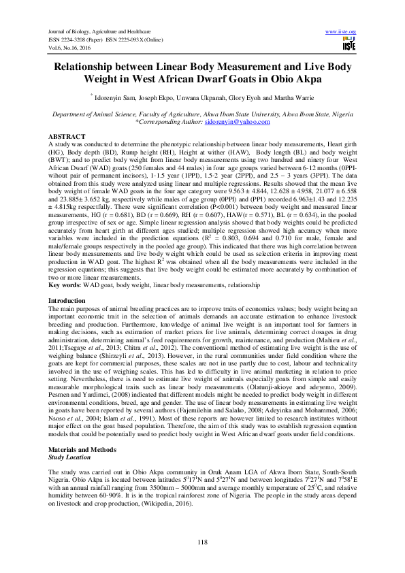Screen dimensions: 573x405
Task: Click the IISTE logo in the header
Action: pos(349,45)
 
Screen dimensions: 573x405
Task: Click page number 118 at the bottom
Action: pos(201,542)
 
